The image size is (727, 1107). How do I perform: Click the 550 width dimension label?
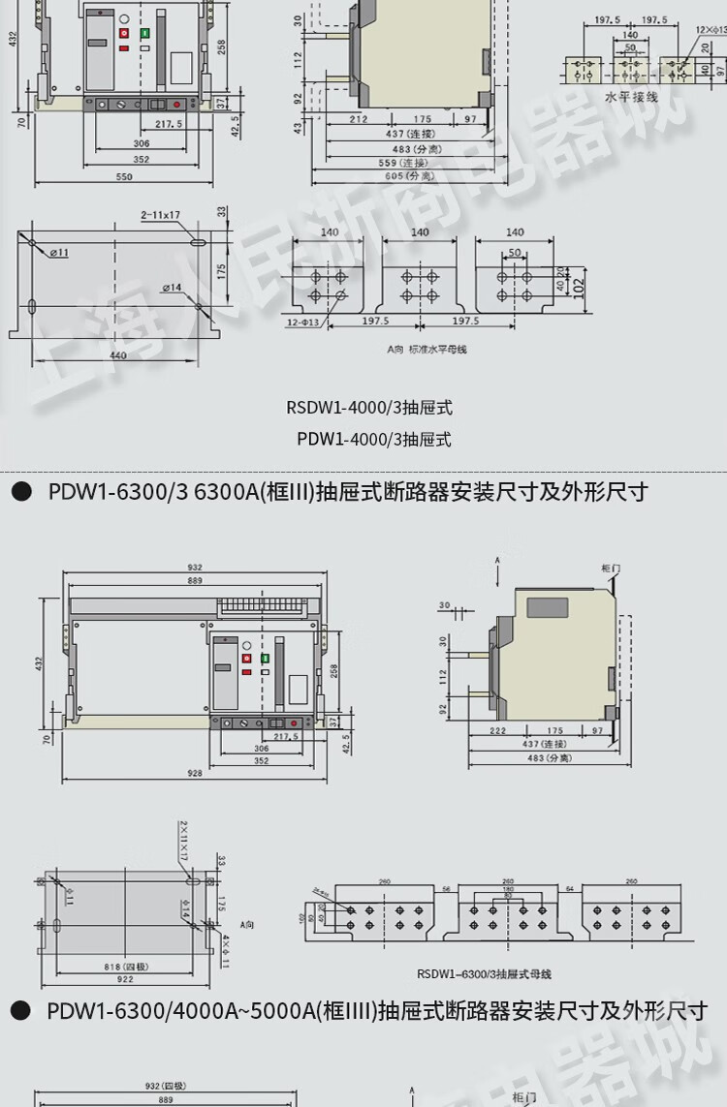[x=124, y=177]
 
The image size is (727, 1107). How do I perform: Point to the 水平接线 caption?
[x=631, y=97]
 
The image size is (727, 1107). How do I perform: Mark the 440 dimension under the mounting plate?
[x=117, y=355]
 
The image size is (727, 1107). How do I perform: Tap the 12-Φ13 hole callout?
[x=302, y=322]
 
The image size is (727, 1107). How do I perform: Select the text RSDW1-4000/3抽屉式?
[x=368, y=408]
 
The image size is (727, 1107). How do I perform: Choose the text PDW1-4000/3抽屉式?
[x=374, y=439]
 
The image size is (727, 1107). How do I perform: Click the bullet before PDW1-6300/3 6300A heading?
[x=19, y=492]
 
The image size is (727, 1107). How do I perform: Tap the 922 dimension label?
[x=125, y=979]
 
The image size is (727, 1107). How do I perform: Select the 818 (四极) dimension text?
[x=118, y=965]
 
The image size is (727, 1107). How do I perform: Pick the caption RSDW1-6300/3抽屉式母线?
[x=484, y=974]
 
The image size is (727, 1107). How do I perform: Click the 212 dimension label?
[x=358, y=120]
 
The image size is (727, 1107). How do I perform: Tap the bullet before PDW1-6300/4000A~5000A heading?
[x=19, y=1011]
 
